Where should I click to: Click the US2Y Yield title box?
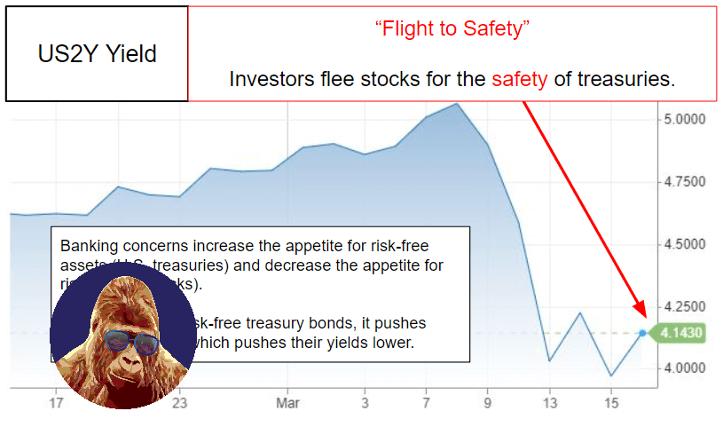tap(97, 54)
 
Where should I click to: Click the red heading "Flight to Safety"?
tap(452, 28)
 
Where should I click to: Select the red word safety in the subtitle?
tap(520, 79)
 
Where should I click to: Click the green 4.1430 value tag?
tap(682, 333)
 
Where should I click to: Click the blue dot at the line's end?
tap(642, 333)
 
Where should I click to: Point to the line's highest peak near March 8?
tap(457, 104)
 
